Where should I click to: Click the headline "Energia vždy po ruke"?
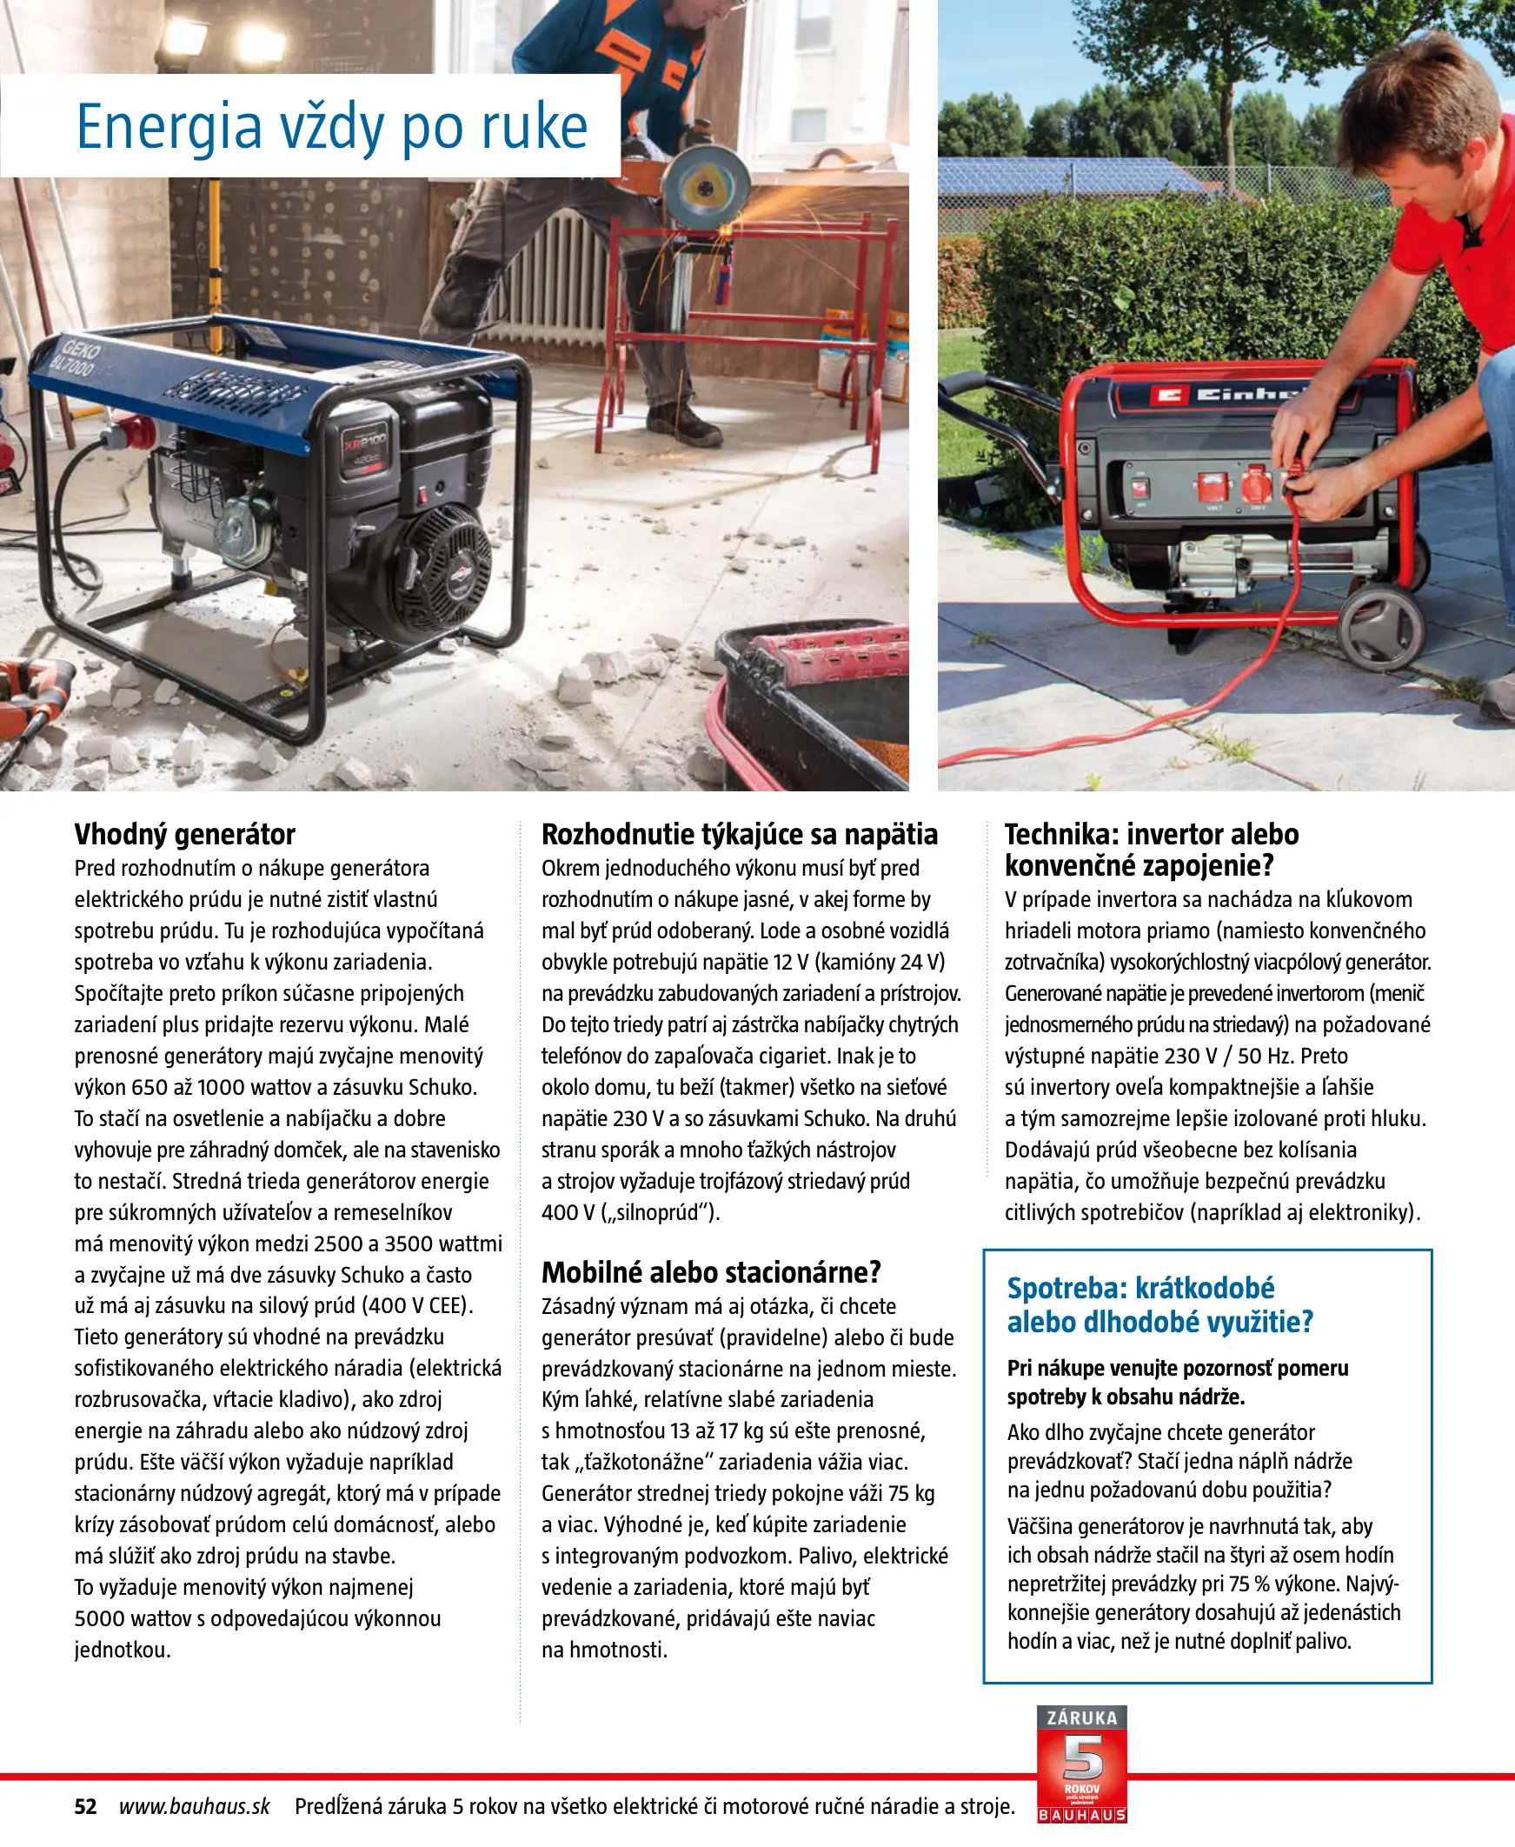(x=332, y=127)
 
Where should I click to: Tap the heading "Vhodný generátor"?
(x=184, y=835)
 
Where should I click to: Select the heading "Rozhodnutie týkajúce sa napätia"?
(x=739, y=835)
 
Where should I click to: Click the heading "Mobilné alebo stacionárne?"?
(x=711, y=1272)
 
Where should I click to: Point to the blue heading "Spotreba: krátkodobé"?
(x=1140, y=1288)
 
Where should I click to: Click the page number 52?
(x=85, y=1806)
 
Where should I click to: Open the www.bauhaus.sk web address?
(x=195, y=1806)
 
